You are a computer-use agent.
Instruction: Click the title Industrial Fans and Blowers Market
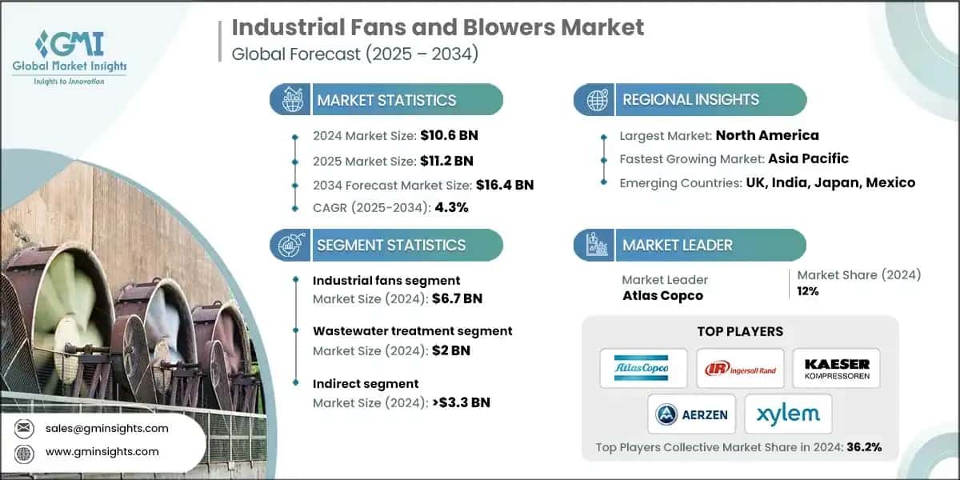pyautogui.click(x=438, y=27)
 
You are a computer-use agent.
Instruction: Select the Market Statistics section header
pyautogui.click(x=386, y=100)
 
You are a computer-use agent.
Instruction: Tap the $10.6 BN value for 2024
pyautogui.click(x=450, y=135)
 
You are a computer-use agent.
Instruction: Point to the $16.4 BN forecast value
pyautogui.click(x=504, y=185)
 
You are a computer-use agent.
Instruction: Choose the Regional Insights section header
pyautogui.click(x=690, y=100)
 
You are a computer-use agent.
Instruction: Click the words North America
pyautogui.click(x=767, y=135)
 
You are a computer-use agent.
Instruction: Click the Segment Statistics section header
pyautogui.click(x=390, y=245)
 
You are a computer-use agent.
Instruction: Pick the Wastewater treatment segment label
pyautogui.click(x=412, y=330)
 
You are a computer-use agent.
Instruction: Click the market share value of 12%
pyautogui.click(x=808, y=291)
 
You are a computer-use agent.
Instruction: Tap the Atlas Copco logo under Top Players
pyautogui.click(x=643, y=368)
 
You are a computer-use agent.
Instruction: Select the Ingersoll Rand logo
pyautogui.click(x=739, y=368)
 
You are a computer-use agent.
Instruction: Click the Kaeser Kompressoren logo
pyautogui.click(x=836, y=368)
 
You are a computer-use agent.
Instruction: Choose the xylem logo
pyautogui.click(x=788, y=414)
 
